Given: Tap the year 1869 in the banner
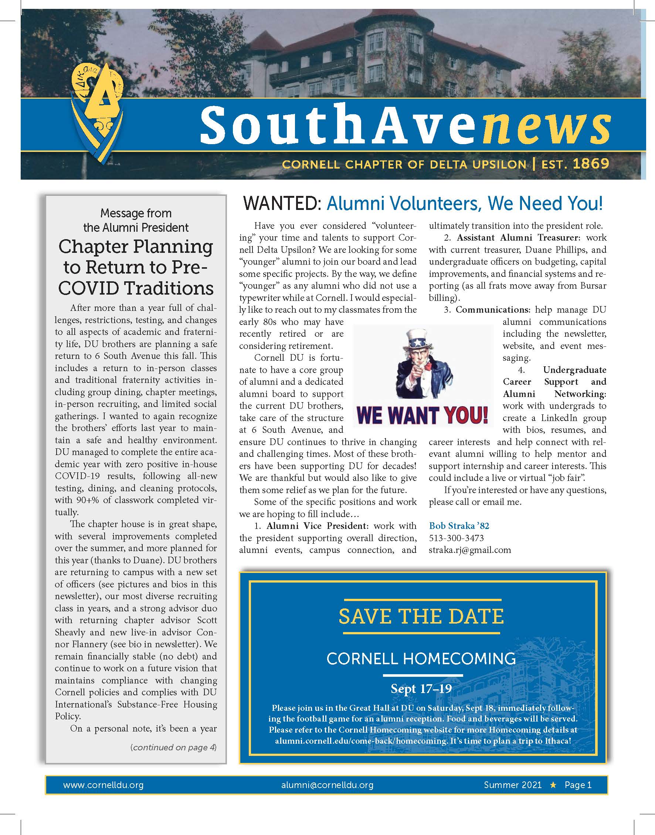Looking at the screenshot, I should [591, 164].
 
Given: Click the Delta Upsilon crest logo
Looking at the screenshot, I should [98, 111].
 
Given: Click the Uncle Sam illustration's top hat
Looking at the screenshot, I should [418, 339].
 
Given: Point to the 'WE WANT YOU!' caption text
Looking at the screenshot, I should [422, 414].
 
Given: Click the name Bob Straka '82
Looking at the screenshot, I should [459, 526].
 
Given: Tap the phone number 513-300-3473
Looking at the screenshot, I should [457, 538].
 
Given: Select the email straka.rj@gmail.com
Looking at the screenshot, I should [470, 550].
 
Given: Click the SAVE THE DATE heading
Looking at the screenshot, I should [421, 616].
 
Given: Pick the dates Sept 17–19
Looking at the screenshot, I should [421, 689].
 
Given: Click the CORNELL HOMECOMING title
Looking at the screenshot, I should [421, 659].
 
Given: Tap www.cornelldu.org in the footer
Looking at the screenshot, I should [103, 785].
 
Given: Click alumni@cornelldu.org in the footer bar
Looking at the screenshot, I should [327, 785].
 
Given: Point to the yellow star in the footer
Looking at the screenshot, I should [553, 785].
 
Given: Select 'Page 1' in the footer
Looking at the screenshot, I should [578, 785].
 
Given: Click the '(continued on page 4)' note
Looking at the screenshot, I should [174, 747].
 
